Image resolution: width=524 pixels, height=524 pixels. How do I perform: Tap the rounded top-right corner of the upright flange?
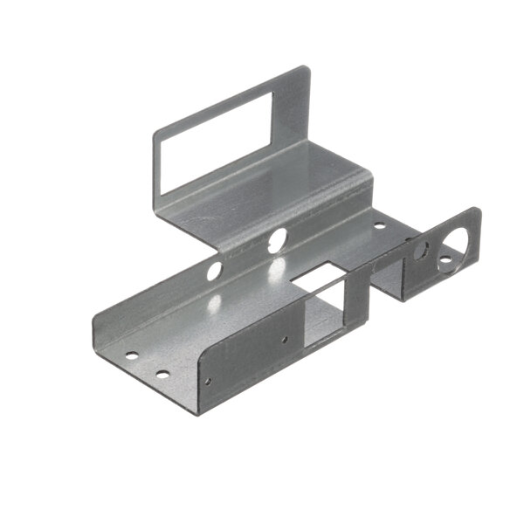304,71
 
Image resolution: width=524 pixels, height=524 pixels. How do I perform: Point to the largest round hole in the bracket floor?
278,238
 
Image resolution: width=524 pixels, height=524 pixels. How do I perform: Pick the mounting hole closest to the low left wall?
131,356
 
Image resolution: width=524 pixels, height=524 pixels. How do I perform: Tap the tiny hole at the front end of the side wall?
207,382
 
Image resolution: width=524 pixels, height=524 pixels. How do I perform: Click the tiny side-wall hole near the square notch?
284,339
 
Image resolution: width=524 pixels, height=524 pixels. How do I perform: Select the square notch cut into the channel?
314,279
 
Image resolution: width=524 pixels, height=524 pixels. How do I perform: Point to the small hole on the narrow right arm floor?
379,225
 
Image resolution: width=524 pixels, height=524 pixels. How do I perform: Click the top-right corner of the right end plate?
475,210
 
